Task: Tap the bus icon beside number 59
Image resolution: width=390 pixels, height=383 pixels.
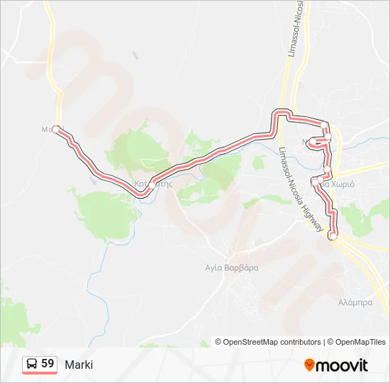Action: tap(32, 364)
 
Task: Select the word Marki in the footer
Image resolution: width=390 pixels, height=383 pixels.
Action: tap(79, 365)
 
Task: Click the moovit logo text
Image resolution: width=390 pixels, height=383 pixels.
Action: tap(342, 365)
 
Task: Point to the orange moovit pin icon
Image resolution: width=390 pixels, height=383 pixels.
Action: tap(309, 365)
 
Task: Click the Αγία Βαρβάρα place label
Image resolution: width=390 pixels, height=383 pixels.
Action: tap(232, 268)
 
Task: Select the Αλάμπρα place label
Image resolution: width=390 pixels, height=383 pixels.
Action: tap(355, 302)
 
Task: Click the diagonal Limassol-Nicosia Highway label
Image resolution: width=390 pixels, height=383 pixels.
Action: tap(301, 184)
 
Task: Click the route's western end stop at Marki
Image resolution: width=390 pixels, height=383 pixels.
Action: tap(56, 129)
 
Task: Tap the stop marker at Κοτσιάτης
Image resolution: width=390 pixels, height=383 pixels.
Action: tap(152, 184)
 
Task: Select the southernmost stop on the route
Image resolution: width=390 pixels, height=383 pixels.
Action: tap(333, 235)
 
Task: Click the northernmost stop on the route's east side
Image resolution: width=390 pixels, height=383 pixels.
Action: tap(324, 126)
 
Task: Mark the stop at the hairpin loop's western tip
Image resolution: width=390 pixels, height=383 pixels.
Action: tap(313, 143)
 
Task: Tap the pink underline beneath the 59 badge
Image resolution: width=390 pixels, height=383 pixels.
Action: tap(40, 373)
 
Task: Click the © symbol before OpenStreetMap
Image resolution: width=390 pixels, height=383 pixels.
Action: tap(218, 342)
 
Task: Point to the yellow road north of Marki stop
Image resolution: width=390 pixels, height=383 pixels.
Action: tap(53, 57)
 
